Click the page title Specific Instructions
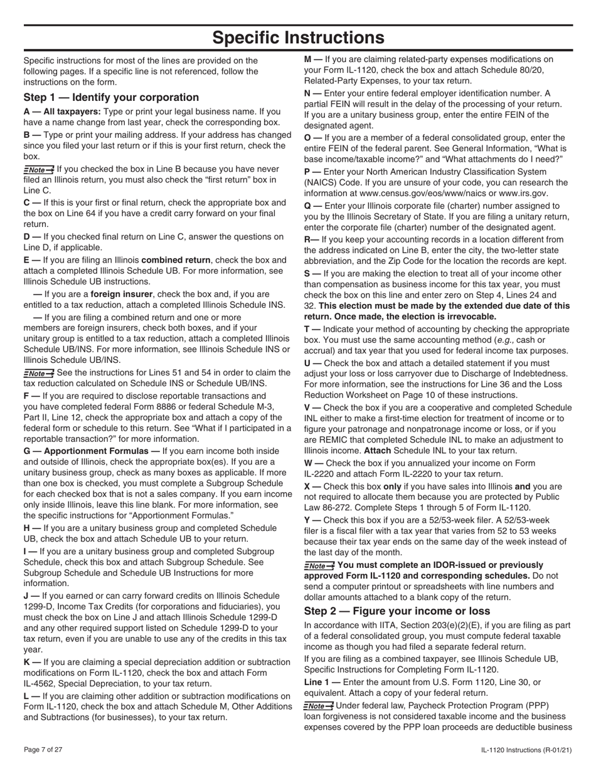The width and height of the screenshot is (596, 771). coord(298,38)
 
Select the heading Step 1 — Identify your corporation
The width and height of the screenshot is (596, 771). coord(111,97)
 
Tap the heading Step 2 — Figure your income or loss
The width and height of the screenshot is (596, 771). coord(397,611)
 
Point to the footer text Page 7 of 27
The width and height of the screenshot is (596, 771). coord(43,750)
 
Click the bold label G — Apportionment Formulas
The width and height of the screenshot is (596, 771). coord(92,451)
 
